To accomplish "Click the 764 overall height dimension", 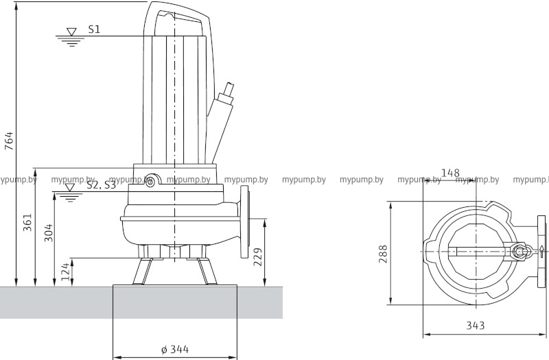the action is (9, 141).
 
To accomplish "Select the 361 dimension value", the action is (27, 222).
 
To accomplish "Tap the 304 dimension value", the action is (48, 232).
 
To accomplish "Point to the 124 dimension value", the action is (65, 272).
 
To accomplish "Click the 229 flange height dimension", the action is (258, 257).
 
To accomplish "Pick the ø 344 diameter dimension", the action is (175, 349).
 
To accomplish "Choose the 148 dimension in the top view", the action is (450, 173).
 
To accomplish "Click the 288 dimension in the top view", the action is (384, 254).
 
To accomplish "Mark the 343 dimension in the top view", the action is (475, 326).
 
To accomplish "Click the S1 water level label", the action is (94, 29).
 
